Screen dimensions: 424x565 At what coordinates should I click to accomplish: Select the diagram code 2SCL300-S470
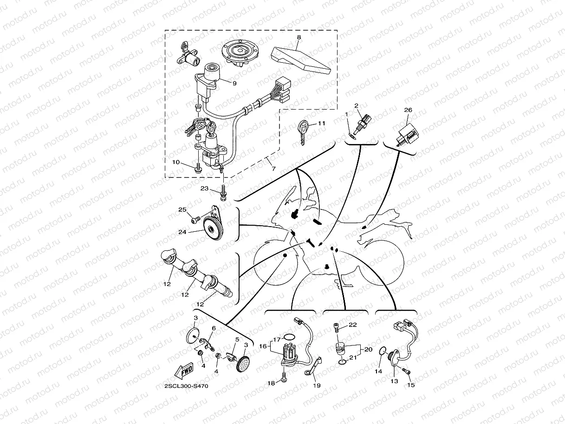186,386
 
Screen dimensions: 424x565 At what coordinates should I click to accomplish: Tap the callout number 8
299,37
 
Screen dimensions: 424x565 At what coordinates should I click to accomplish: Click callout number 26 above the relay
408,110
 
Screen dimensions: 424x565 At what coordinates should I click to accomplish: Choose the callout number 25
182,210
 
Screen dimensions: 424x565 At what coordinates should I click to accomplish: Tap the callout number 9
234,84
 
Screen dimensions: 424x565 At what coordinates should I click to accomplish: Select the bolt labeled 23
176,162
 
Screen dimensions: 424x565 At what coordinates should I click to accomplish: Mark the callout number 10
176,162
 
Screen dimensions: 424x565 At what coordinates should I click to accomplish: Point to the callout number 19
316,385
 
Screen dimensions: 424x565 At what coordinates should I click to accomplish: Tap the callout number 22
352,325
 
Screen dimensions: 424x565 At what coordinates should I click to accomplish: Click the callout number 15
410,385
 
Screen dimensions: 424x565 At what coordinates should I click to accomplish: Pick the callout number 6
214,328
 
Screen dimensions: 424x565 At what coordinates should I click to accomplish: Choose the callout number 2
357,106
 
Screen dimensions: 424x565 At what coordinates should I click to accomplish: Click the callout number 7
273,169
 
